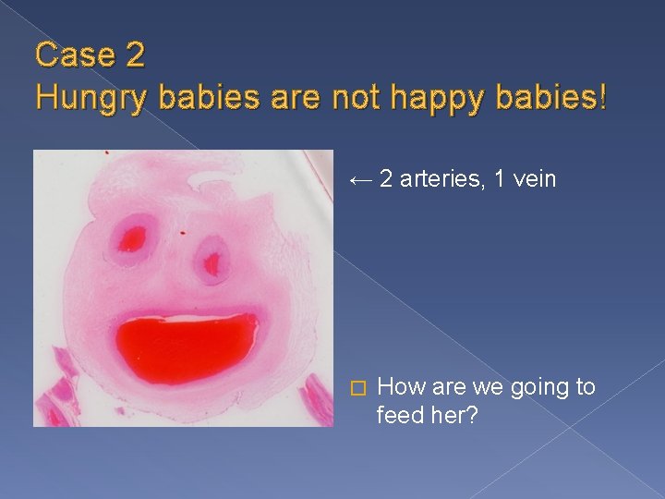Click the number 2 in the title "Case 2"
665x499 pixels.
coord(132,55)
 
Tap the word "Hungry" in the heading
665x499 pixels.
coord(90,95)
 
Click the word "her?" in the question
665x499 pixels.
coord(455,415)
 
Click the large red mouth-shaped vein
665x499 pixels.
coord(186,346)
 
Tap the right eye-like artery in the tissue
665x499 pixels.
coord(213,261)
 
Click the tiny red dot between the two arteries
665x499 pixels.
coord(182,232)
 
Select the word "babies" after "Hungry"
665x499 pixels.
coord(205,95)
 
